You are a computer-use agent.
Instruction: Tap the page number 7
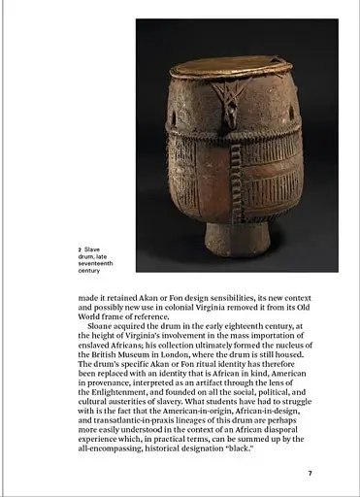(x=310, y=473)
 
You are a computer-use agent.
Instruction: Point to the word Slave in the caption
(x=92, y=248)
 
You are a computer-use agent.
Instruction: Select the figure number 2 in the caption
(x=80, y=248)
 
